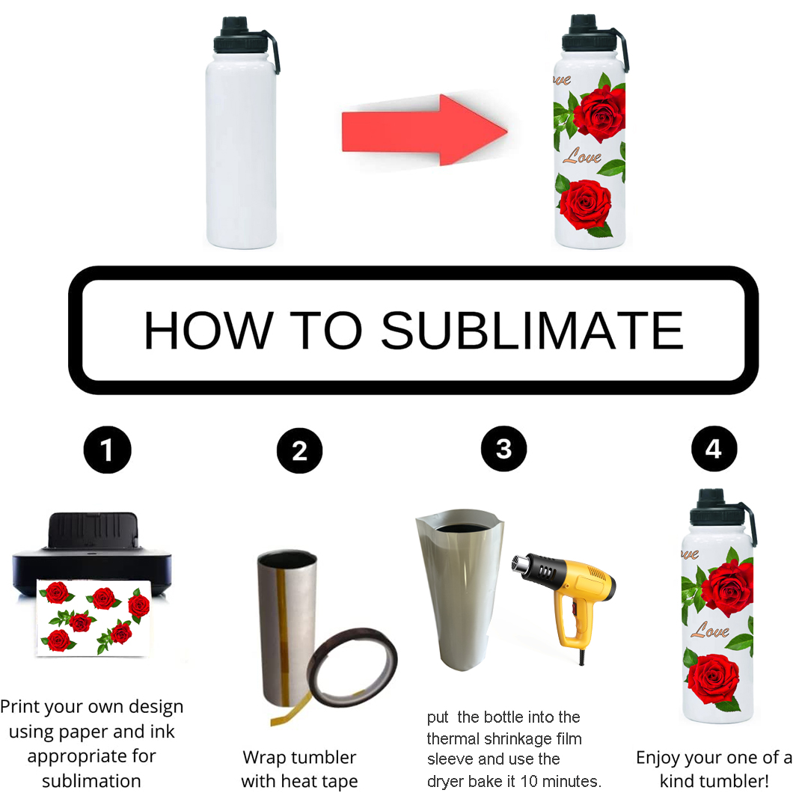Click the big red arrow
(423, 128)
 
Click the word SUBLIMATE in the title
(532, 330)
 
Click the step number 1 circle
(108, 450)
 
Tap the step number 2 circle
(300, 451)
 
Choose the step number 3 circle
(503, 449)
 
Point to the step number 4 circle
(714, 449)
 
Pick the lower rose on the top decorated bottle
(586, 203)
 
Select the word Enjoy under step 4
(664, 757)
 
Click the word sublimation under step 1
(91, 781)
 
